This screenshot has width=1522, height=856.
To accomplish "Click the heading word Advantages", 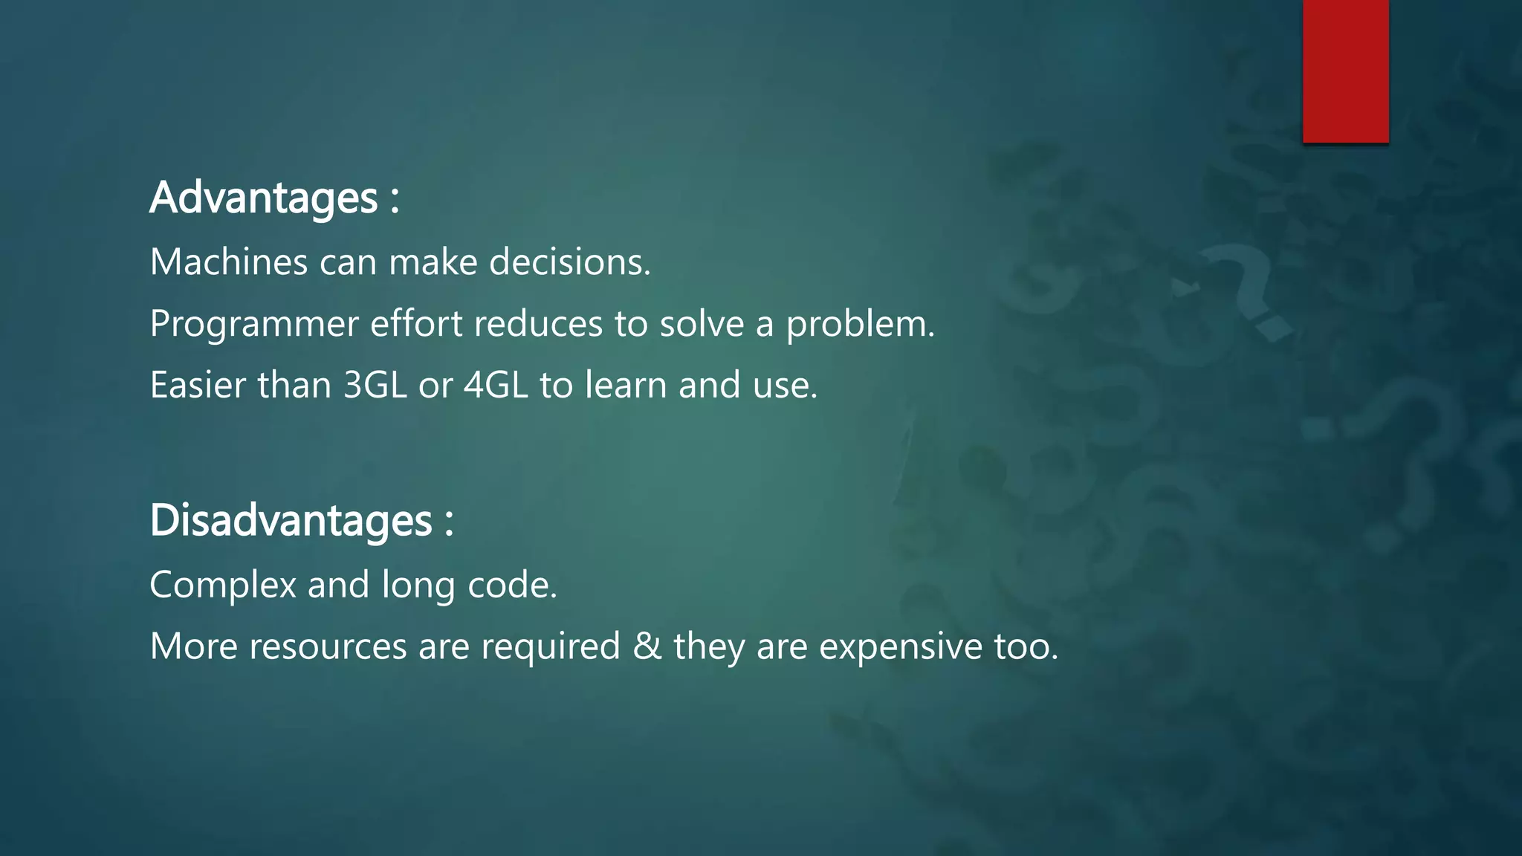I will pyautogui.click(x=264, y=198).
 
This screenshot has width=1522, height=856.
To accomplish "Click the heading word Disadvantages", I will pyautogui.click(x=291, y=520).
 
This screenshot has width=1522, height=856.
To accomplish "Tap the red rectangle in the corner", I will pyautogui.click(x=1345, y=71).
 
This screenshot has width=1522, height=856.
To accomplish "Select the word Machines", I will pyautogui.click(x=229, y=262).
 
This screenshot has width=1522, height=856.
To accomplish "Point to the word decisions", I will pyautogui.click(x=569, y=262).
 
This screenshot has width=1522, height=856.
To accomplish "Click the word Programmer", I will pyautogui.click(x=254, y=325).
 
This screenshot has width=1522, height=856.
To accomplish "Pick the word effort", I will pyautogui.click(x=416, y=324).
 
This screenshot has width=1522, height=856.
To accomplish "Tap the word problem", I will pyautogui.click(x=860, y=325).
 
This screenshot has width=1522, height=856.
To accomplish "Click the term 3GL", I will pyautogui.click(x=375, y=386).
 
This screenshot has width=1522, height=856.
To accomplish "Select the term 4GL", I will pyautogui.click(x=496, y=386).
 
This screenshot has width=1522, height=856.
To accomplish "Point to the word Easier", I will pyautogui.click(x=198, y=386).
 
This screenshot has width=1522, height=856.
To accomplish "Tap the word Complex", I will pyautogui.click(x=223, y=586).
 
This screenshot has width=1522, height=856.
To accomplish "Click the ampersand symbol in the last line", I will pyautogui.click(x=647, y=646).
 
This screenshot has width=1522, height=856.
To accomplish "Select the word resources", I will pyautogui.click(x=328, y=646).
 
